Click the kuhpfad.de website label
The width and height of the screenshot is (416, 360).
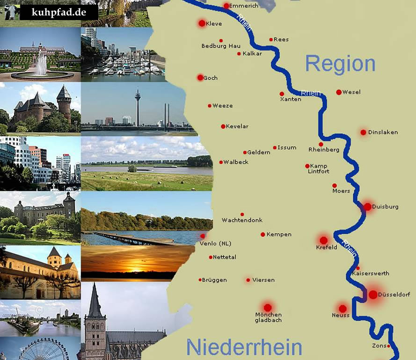point(59,13)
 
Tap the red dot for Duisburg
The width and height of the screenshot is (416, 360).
point(367,207)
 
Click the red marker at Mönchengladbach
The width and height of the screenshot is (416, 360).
point(267,308)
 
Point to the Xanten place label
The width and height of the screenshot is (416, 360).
point(291,99)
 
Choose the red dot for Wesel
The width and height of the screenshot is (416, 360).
point(339,92)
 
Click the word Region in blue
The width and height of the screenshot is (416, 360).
point(340,64)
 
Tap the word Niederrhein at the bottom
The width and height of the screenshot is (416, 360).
point(244,347)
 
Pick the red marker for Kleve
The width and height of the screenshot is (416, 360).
point(202,23)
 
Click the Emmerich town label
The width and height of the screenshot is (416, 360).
point(245,6)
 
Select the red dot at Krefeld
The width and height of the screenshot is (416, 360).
point(323,240)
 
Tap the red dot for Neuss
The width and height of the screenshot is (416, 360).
point(343,309)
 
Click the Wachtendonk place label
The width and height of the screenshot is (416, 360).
point(242,220)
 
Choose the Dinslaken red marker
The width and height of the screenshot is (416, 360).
point(363,132)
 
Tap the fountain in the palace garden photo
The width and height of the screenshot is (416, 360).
point(41,64)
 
